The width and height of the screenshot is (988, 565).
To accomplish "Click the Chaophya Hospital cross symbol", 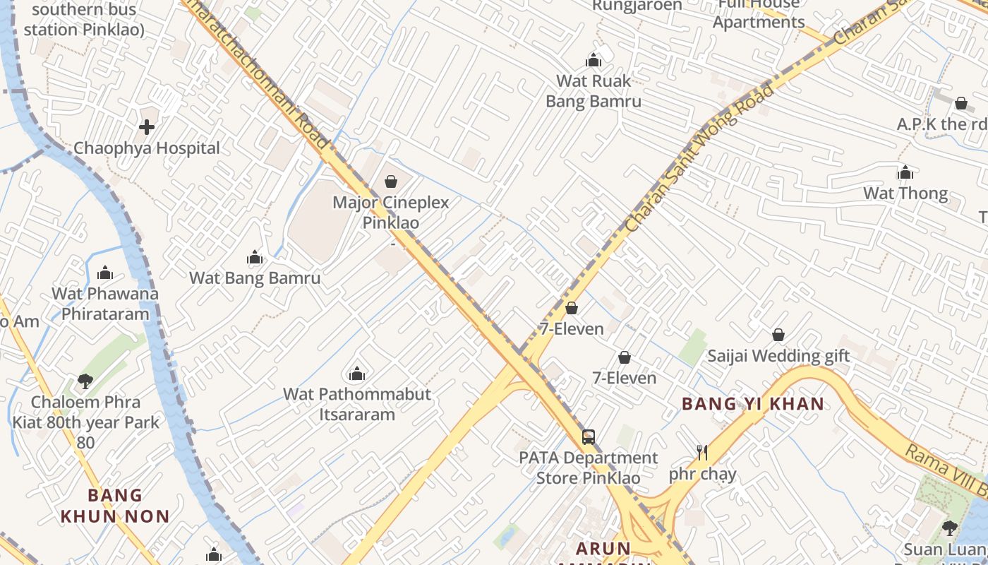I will point(147,127).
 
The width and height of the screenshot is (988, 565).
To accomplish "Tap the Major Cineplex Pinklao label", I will point(390,213).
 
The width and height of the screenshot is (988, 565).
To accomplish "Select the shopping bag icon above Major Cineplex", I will point(391,182).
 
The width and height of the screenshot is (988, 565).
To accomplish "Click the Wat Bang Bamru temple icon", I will point(255,257).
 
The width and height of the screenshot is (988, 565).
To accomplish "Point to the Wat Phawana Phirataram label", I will point(105,304).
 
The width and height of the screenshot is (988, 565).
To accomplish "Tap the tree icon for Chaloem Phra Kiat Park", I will point(85,381).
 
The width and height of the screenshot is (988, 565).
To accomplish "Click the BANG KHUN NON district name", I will point(115,506).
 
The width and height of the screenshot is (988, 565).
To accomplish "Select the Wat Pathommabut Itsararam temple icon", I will point(357,373).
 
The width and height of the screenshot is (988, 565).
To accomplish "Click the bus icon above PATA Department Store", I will point(589,436).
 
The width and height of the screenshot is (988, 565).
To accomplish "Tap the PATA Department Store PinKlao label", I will point(589,468).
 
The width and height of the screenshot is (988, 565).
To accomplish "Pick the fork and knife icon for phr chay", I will point(702,452).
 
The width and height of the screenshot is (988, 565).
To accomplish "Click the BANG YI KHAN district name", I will point(752,404).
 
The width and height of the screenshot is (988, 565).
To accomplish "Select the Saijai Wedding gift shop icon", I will point(778,335).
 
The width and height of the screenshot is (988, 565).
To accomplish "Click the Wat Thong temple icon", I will point(905,172).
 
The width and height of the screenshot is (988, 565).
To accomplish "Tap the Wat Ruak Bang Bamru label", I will point(594,91).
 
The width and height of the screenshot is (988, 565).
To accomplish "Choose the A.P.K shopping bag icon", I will point(960,103).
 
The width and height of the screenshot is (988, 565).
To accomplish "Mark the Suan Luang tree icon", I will point(950,528).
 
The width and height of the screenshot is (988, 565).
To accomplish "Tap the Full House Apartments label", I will point(759,13).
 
